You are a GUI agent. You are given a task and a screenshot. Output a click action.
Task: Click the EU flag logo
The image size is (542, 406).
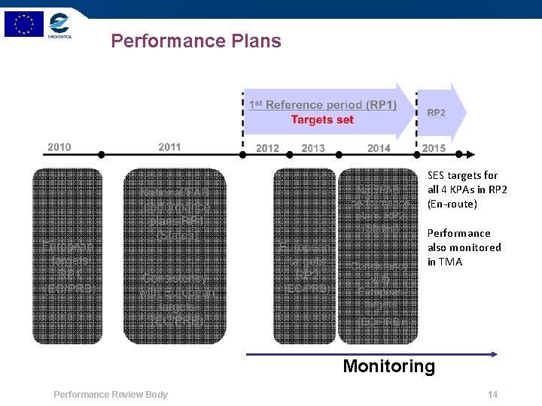(x=23, y=24)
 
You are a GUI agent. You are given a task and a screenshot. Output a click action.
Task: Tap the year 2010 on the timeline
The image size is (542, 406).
(x=59, y=147)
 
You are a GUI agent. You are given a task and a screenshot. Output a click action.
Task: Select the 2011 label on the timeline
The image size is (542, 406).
(x=169, y=147)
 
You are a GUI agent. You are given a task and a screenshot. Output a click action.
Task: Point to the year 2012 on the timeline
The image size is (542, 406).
(x=267, y=148)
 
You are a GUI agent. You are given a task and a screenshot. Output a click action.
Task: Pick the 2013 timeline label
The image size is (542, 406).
(x=313, y=148)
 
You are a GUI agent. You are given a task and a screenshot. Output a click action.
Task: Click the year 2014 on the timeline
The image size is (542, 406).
(x=379, y=148)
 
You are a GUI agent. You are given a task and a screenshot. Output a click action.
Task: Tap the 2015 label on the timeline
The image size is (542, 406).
(x=434, y=148)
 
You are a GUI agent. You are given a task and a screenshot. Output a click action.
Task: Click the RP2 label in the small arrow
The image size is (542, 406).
(x=437, y=113)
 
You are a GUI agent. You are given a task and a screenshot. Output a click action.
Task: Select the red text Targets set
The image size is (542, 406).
(x=322, y=120)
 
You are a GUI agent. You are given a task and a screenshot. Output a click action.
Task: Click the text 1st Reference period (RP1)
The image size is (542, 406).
(x=322, y=105)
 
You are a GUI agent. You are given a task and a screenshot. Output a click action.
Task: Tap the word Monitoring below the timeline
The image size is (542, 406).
(x=388, y=366)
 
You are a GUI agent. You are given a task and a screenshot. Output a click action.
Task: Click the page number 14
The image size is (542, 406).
(x=493, y=395)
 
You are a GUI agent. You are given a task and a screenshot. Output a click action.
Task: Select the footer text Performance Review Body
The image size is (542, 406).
(x=111, y=395)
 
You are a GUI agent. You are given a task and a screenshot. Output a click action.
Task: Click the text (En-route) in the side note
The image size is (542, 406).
(x=452, y=204)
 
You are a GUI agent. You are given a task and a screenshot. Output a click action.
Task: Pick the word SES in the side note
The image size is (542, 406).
(x=436, y=175)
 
